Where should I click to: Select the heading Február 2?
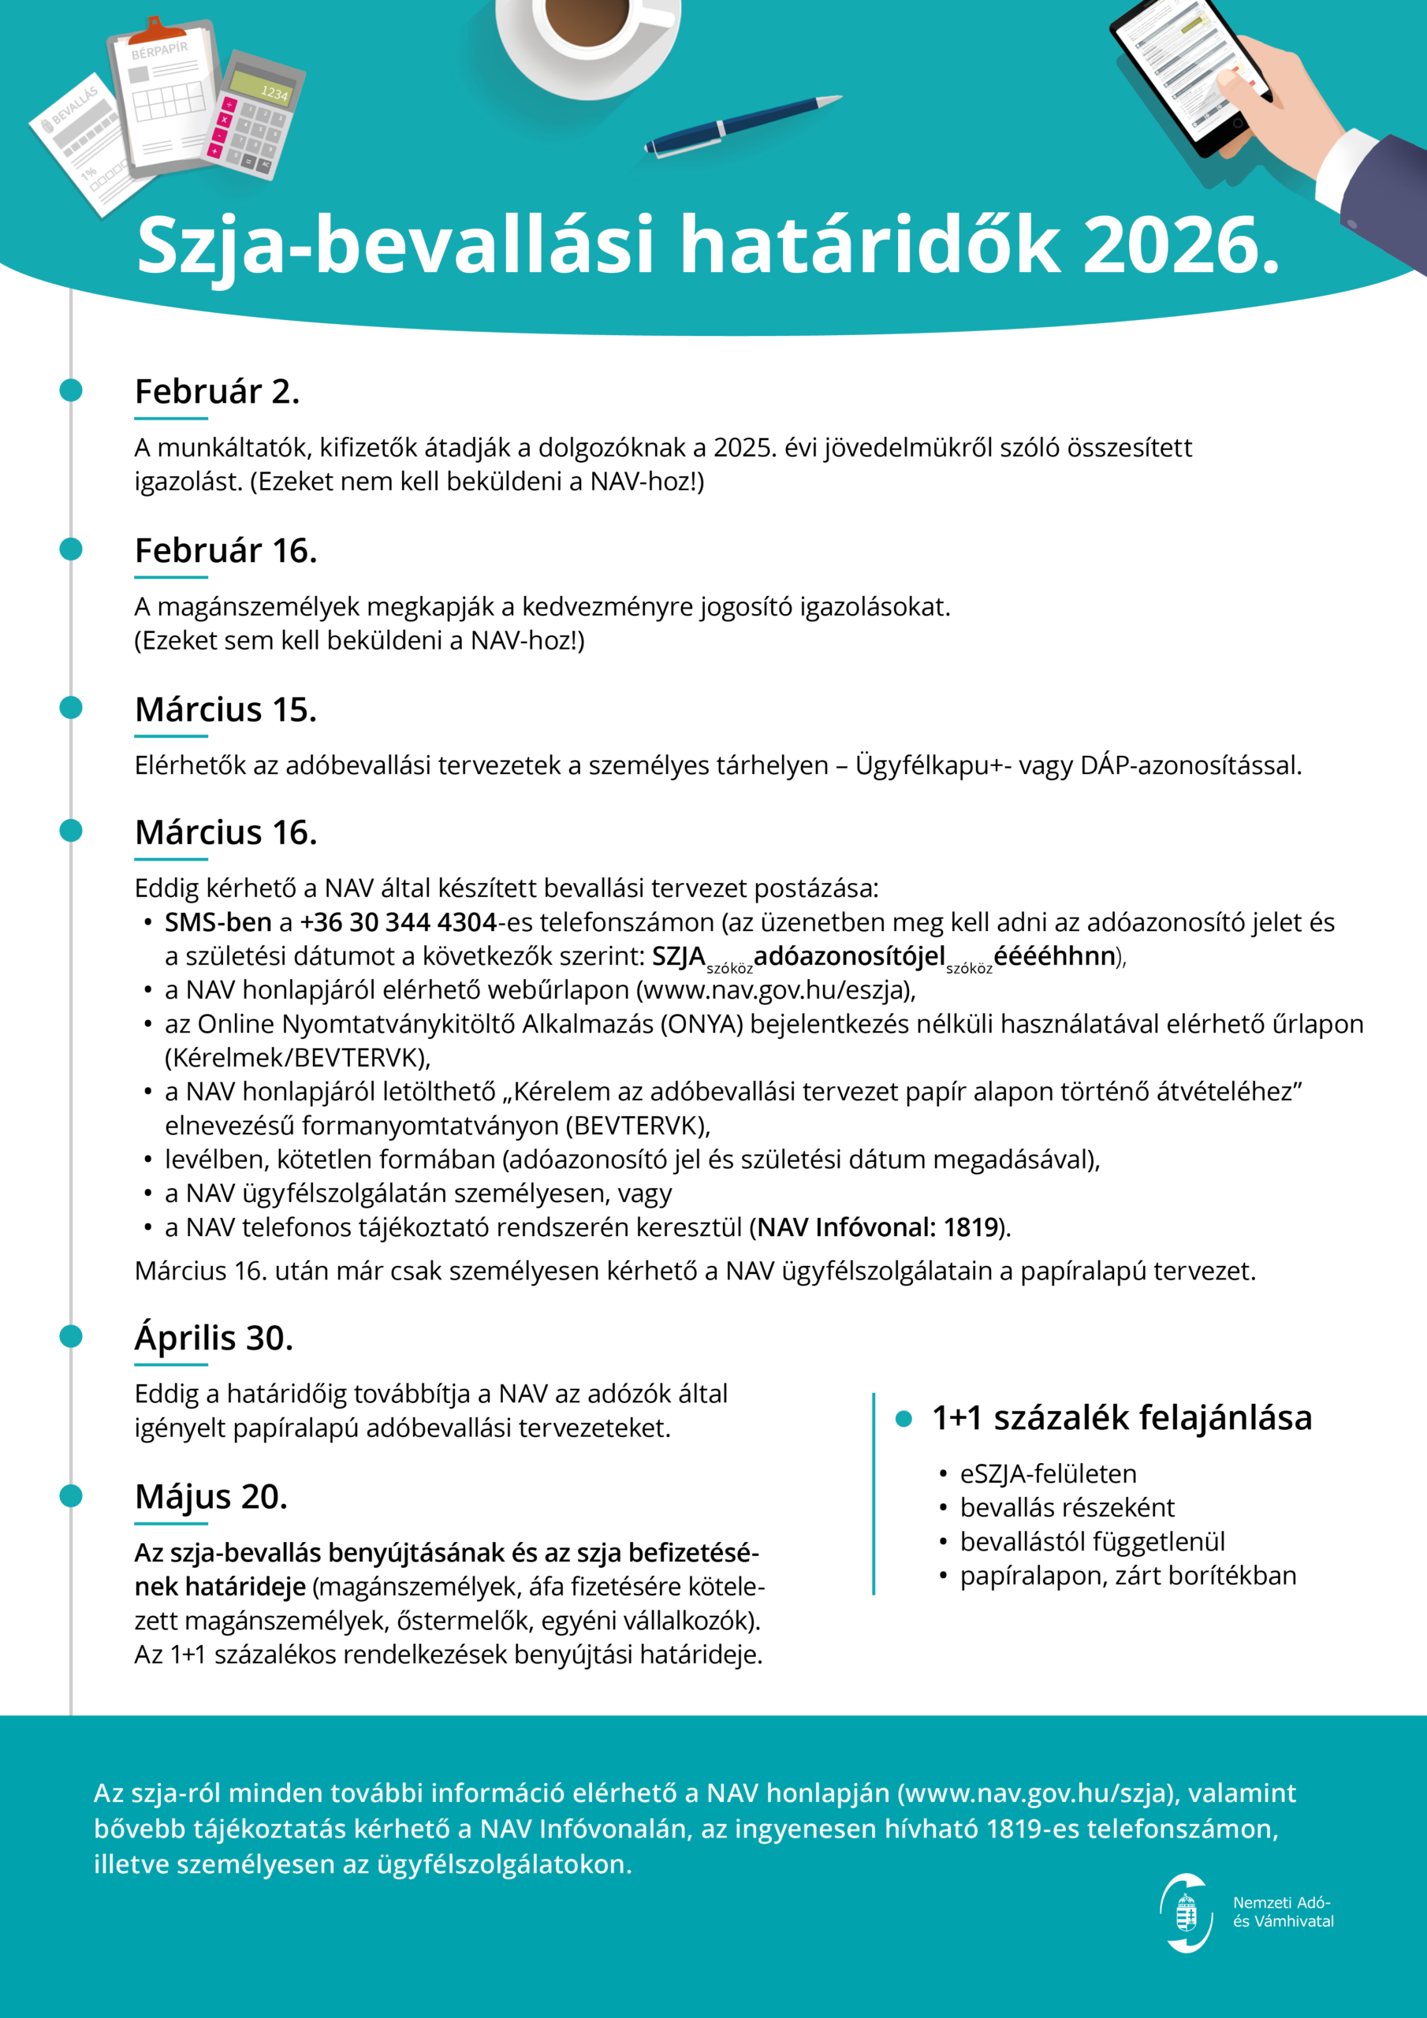tap(217, 392)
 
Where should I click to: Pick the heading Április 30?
tap(214, 1339)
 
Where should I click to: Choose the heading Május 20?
tap(211, 1497)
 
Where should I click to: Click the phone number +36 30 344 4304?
tap(398, 923)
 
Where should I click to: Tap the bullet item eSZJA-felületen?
tap(1047, 1474)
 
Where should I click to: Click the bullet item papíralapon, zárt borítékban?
tap(1127, 1576)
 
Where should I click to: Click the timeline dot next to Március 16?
tap(71, 831)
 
